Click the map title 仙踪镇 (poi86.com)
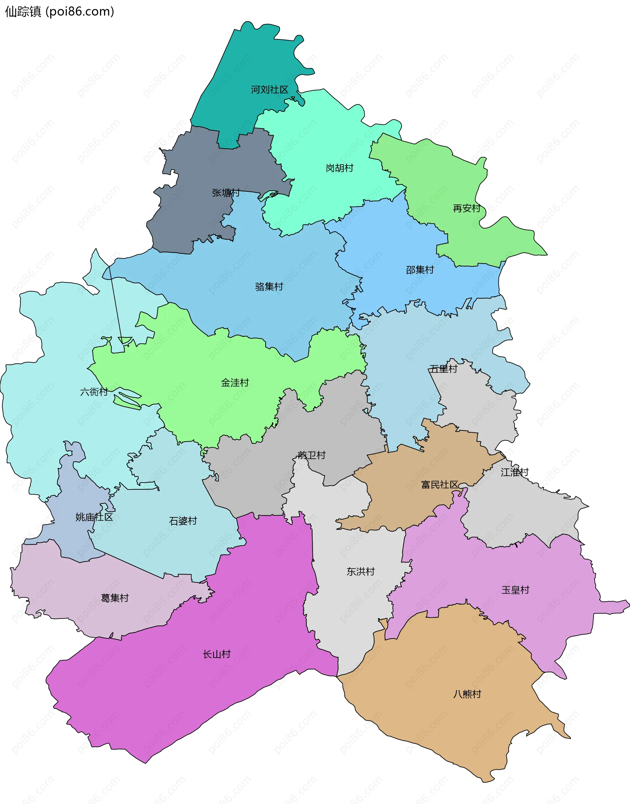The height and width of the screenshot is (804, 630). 59,12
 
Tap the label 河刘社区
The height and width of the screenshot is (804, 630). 270,90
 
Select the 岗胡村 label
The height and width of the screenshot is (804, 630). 339,168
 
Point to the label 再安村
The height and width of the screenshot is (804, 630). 467,208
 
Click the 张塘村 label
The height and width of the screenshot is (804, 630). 226,193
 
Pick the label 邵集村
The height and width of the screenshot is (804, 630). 420,270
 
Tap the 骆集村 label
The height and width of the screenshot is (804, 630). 269,287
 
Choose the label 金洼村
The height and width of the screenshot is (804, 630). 235,382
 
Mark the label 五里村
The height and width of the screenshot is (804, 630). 443,369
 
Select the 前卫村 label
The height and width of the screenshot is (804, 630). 312,455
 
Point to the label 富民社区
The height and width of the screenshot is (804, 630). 440,485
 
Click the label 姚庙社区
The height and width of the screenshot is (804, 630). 94,517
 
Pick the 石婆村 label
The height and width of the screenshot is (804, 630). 183,521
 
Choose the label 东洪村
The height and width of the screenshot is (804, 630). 360,572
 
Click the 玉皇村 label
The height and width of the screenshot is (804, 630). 515,590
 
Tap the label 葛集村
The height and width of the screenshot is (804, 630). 115,598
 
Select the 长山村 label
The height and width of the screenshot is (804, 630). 217,654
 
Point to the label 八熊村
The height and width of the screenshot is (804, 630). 467,694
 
